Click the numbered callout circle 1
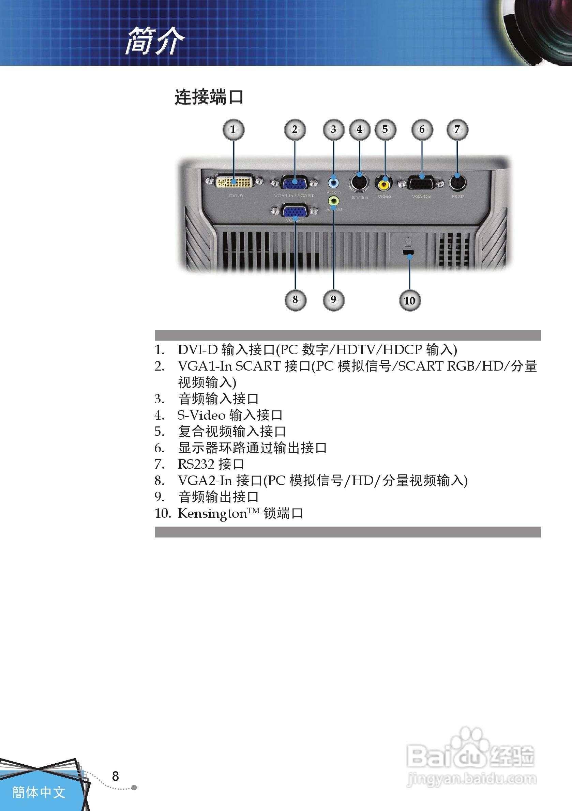tap(233, 130)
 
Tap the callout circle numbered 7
tap(457, 130)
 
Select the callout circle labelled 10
tap(410, 301)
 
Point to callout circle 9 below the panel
tap(333, 300)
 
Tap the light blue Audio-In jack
tap(333, 182)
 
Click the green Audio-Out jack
tap(333, 201)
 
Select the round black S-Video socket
tap(359, 183)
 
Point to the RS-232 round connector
tap(457, 183)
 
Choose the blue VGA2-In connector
tap(295, 212)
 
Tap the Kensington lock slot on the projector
tap(408, 252)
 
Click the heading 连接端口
tap(209, 97)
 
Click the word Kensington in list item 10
tap(212, 513)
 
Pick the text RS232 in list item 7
tap(196, 464)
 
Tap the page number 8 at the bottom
tap(115, 776)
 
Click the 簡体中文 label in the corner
tap(39, 792)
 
